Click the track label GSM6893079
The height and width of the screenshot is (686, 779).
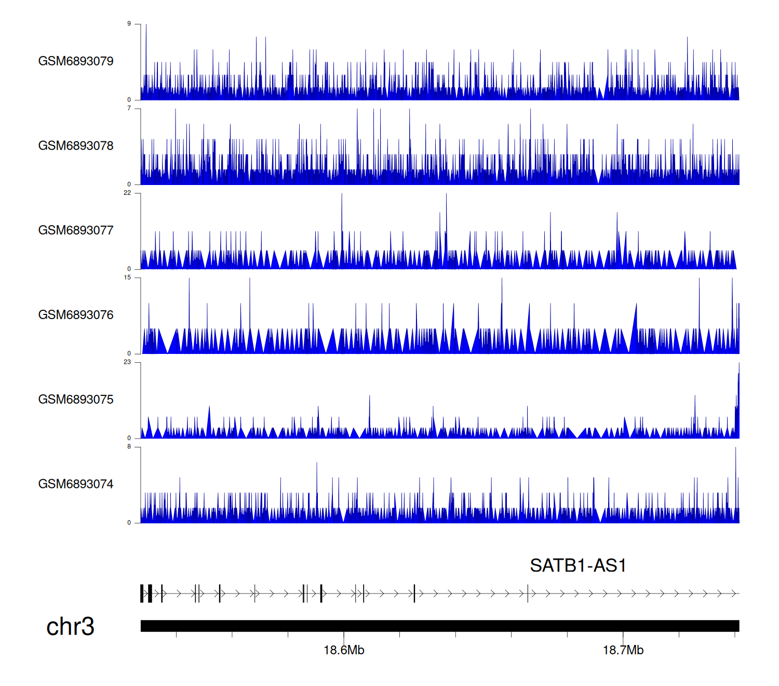(76, 61)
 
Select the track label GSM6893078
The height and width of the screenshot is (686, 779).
(76, 146)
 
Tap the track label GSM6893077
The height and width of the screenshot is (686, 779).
(76, 231)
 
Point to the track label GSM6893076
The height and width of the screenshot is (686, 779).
(76, 315)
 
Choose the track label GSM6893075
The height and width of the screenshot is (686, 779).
(76, 400)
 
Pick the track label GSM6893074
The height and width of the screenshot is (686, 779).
(76, 484)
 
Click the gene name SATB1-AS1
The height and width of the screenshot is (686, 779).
(577, 565)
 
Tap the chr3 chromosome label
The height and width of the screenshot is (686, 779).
(70, 626)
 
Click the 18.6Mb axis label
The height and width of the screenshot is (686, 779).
(344, 650)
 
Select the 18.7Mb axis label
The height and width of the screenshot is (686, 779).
(623, 650)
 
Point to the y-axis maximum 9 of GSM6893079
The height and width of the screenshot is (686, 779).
(129, 24)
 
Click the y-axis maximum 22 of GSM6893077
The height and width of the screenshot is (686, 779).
(127, 193)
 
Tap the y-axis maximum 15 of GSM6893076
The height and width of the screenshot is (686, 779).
(127, 278)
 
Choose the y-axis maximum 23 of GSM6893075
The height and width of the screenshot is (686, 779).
(127, 362)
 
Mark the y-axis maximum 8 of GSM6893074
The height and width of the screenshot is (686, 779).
(129, 446)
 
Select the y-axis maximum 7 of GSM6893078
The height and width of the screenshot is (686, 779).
(129, 109)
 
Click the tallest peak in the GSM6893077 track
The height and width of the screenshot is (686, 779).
(446, 195)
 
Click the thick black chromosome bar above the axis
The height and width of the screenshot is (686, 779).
(439, 626)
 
